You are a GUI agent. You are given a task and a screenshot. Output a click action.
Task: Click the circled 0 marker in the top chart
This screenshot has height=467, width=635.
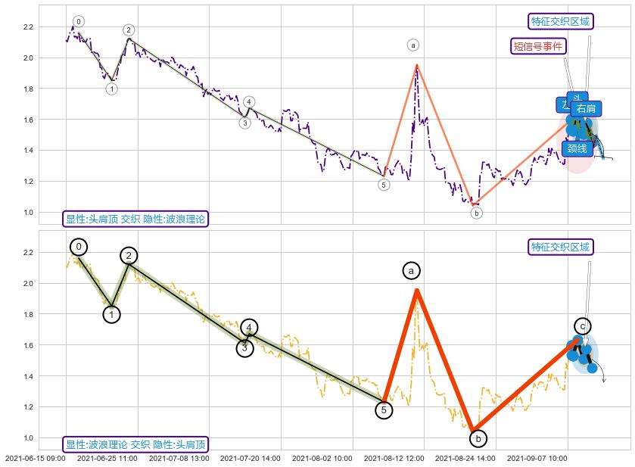tap(79, 21)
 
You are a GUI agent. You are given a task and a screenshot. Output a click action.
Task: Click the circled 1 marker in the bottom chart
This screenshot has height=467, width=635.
tap(112, 314)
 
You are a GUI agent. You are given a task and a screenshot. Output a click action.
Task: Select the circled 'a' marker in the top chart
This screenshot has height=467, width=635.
tap(412, 45)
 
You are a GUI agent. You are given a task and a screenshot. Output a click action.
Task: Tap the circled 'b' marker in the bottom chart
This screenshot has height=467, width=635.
tap(478, 438)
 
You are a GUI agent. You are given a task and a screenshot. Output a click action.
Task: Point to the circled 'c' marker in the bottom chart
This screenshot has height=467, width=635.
tap(582, 326)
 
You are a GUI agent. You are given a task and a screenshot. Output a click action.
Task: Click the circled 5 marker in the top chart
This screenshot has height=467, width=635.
tap(384, 185)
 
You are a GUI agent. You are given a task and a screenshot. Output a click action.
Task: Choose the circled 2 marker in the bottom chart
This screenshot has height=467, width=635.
tap(129, 256)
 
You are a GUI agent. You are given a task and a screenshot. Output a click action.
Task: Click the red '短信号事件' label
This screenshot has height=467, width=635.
tap(538, 46)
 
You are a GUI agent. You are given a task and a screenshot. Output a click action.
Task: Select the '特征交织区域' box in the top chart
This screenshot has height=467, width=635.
tap(560, 21)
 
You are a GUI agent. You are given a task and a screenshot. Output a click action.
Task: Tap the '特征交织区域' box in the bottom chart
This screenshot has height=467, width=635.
tap(560, 247)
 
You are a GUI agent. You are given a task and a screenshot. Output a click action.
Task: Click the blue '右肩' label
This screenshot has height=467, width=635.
tap(586, 109)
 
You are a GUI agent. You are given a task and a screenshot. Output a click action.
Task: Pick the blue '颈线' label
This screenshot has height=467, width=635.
tap(577, 148)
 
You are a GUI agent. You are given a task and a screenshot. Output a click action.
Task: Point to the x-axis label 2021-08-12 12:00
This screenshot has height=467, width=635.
tap(394, 459)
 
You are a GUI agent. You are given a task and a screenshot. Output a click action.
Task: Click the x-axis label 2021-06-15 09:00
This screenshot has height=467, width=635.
tap(35, 459)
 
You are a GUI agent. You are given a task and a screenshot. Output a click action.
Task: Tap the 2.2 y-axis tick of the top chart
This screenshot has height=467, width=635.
tap(28, 27)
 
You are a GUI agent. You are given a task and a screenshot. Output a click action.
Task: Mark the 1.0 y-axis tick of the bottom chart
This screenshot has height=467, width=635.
tap(28, 438)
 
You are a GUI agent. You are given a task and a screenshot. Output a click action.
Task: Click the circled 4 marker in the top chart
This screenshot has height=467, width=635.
tap(250, 102)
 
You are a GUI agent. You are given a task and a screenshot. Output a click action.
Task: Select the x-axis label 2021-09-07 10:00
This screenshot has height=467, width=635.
tap(537, 459)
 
